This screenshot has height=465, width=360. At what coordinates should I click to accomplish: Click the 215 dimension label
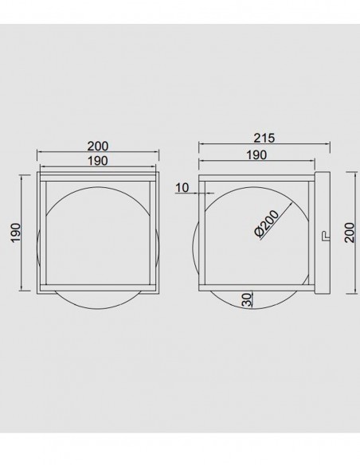(x=264, y=138)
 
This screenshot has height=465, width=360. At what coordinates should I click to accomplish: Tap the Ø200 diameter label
(x=267, y=224)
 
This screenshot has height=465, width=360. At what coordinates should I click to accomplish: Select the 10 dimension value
(x=182, y=187)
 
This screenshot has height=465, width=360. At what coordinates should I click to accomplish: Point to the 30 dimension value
(x=246, y=299)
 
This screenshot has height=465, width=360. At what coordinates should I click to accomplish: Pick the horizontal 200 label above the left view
(x=98, y=147)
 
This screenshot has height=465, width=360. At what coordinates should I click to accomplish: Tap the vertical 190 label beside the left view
(x=16, y=232)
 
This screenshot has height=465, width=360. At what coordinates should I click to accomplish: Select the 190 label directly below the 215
(x=256, y=154)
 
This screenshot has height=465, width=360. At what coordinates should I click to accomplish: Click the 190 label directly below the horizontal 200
(x=97, y=161)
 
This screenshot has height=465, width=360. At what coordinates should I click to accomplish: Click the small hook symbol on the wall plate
(x=325, y=236)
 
